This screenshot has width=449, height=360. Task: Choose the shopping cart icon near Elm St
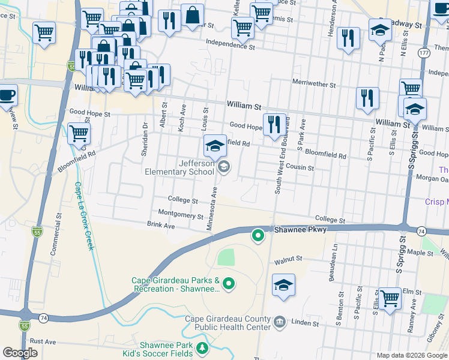point(390,298)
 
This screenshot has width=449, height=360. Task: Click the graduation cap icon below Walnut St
point(284,284)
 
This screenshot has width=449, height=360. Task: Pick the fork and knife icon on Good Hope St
point(274,124)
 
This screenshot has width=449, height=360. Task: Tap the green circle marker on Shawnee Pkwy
point(258,236)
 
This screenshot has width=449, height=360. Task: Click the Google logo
point(20,353)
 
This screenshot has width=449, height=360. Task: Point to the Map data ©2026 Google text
point(411,355)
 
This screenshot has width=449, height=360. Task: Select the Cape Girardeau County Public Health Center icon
point(279,323)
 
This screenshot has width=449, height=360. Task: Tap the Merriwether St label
point(313,85)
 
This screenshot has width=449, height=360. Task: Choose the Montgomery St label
point(181,214)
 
